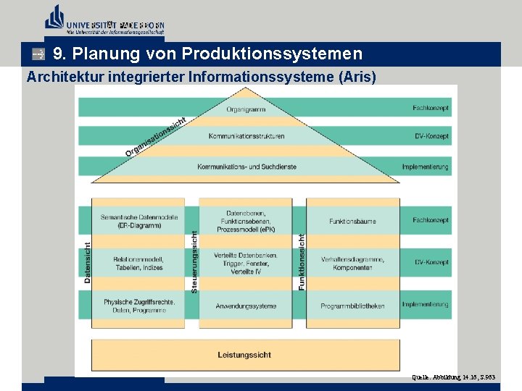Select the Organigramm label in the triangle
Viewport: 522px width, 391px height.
click(246, 109)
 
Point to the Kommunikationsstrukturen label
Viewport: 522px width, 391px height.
click(246, 136)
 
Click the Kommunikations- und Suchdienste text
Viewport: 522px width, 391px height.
click(246, 167)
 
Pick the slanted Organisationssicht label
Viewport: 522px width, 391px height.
click(156, 137)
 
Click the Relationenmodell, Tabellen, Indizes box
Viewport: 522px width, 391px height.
click(138, 263)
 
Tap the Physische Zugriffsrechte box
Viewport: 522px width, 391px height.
click(138, 306)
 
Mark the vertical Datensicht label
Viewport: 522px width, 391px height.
click(88, 262)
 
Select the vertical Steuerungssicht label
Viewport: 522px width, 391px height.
click(194, 262)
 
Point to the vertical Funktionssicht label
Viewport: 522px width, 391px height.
click(302, 262)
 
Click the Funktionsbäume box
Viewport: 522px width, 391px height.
click(352, 221)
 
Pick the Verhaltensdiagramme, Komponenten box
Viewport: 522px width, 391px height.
click(352, 263)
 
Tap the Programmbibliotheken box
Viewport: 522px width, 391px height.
click(352, 306)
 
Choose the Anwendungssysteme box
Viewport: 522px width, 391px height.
click(246, 306)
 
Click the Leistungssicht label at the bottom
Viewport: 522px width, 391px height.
click(244, 354)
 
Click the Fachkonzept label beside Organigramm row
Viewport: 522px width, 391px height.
click(431, 109)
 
